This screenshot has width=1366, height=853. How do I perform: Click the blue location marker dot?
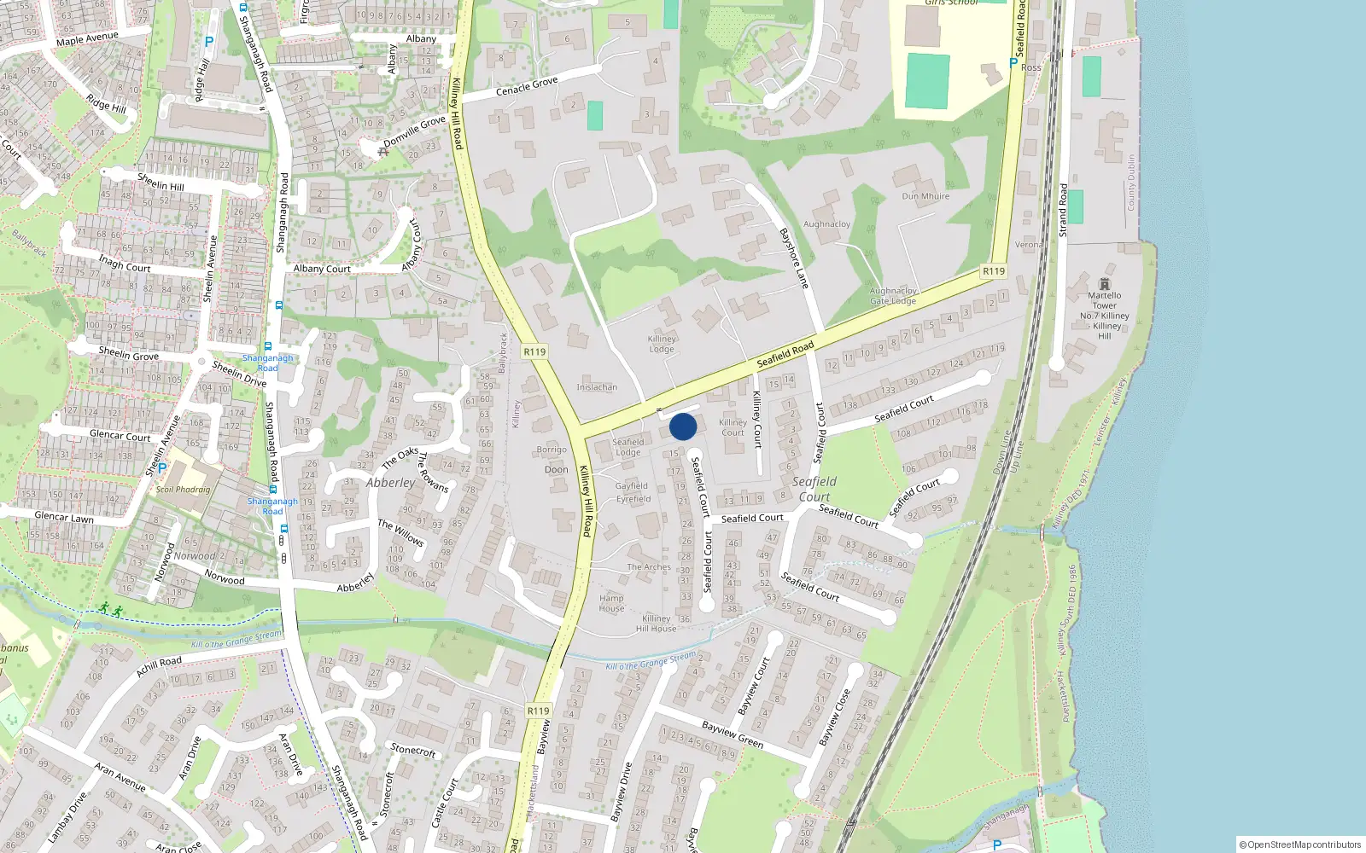683,426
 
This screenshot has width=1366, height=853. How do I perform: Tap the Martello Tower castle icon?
1105,283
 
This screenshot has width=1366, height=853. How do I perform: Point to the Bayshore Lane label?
794,258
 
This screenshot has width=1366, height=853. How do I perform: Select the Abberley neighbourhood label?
390,483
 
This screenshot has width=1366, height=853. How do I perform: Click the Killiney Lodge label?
662,344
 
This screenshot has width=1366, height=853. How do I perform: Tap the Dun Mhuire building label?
925,196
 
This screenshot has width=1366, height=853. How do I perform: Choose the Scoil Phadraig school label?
184,490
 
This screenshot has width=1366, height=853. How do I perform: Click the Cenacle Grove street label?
527,86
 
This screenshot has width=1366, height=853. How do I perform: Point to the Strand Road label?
1063,210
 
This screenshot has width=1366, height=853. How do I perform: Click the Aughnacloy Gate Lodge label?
893,296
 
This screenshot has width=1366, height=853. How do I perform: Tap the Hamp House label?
611,603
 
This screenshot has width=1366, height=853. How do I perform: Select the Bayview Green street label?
733,734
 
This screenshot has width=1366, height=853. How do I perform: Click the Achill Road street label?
159,666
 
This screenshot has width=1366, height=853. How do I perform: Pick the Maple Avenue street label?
87,38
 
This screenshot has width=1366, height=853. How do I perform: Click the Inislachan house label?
597,387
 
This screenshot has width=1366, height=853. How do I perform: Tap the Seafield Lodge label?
628,447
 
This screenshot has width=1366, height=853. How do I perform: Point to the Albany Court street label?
322,269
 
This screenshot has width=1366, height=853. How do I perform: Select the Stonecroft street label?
413,751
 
